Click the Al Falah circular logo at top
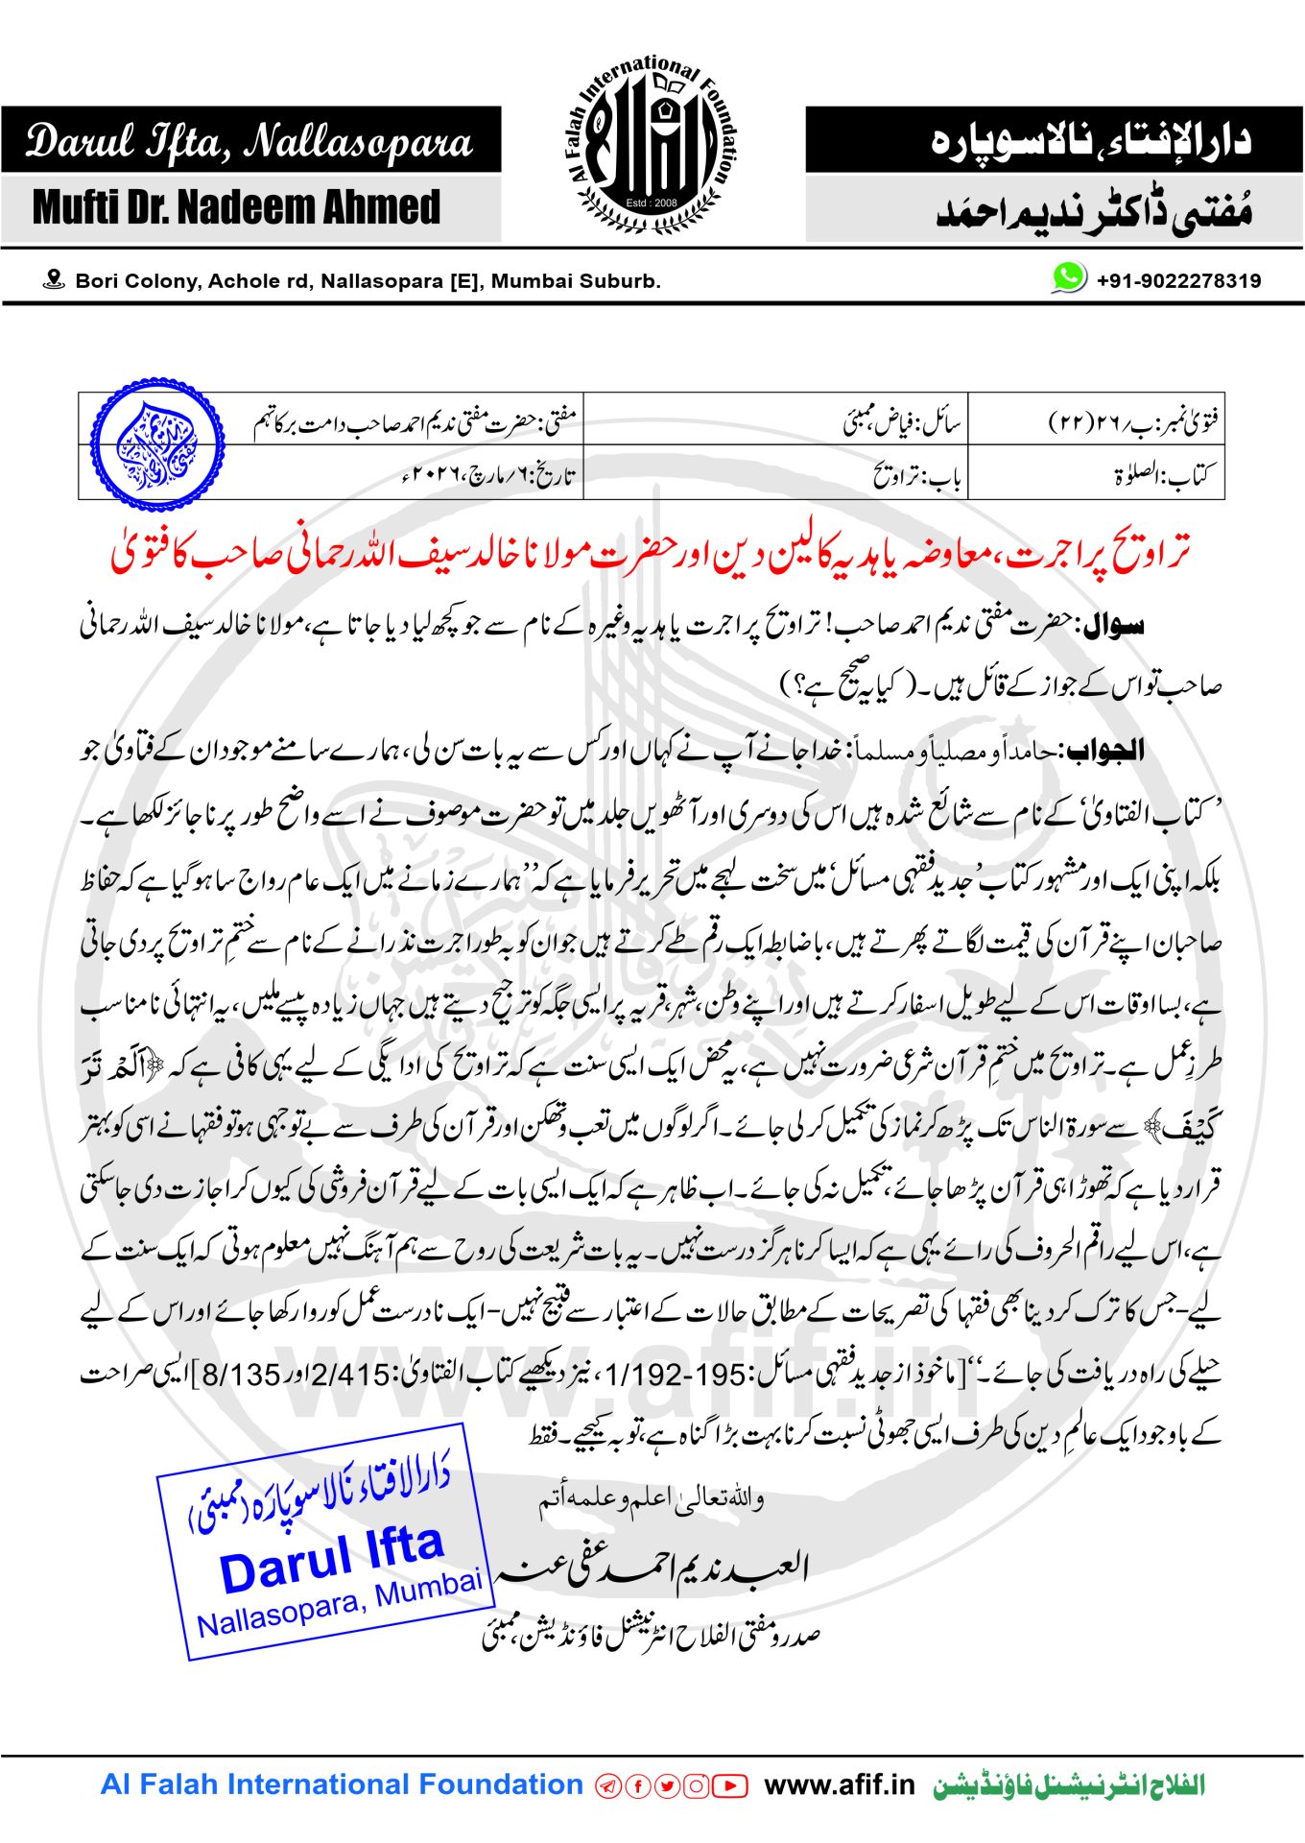click(652, 145)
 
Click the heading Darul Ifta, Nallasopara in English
click(249, 141)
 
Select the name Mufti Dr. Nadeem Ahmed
click(236, 207)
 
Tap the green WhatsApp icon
click(1068, 278)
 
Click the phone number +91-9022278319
click(1178, 281)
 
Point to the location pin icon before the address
click(54, 280)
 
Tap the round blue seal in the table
click(158, 444)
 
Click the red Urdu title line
click(651, 555)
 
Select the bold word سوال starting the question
click(1114, 627)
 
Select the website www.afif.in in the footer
click(840, 1785)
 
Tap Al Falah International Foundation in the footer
click(342, 1785)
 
